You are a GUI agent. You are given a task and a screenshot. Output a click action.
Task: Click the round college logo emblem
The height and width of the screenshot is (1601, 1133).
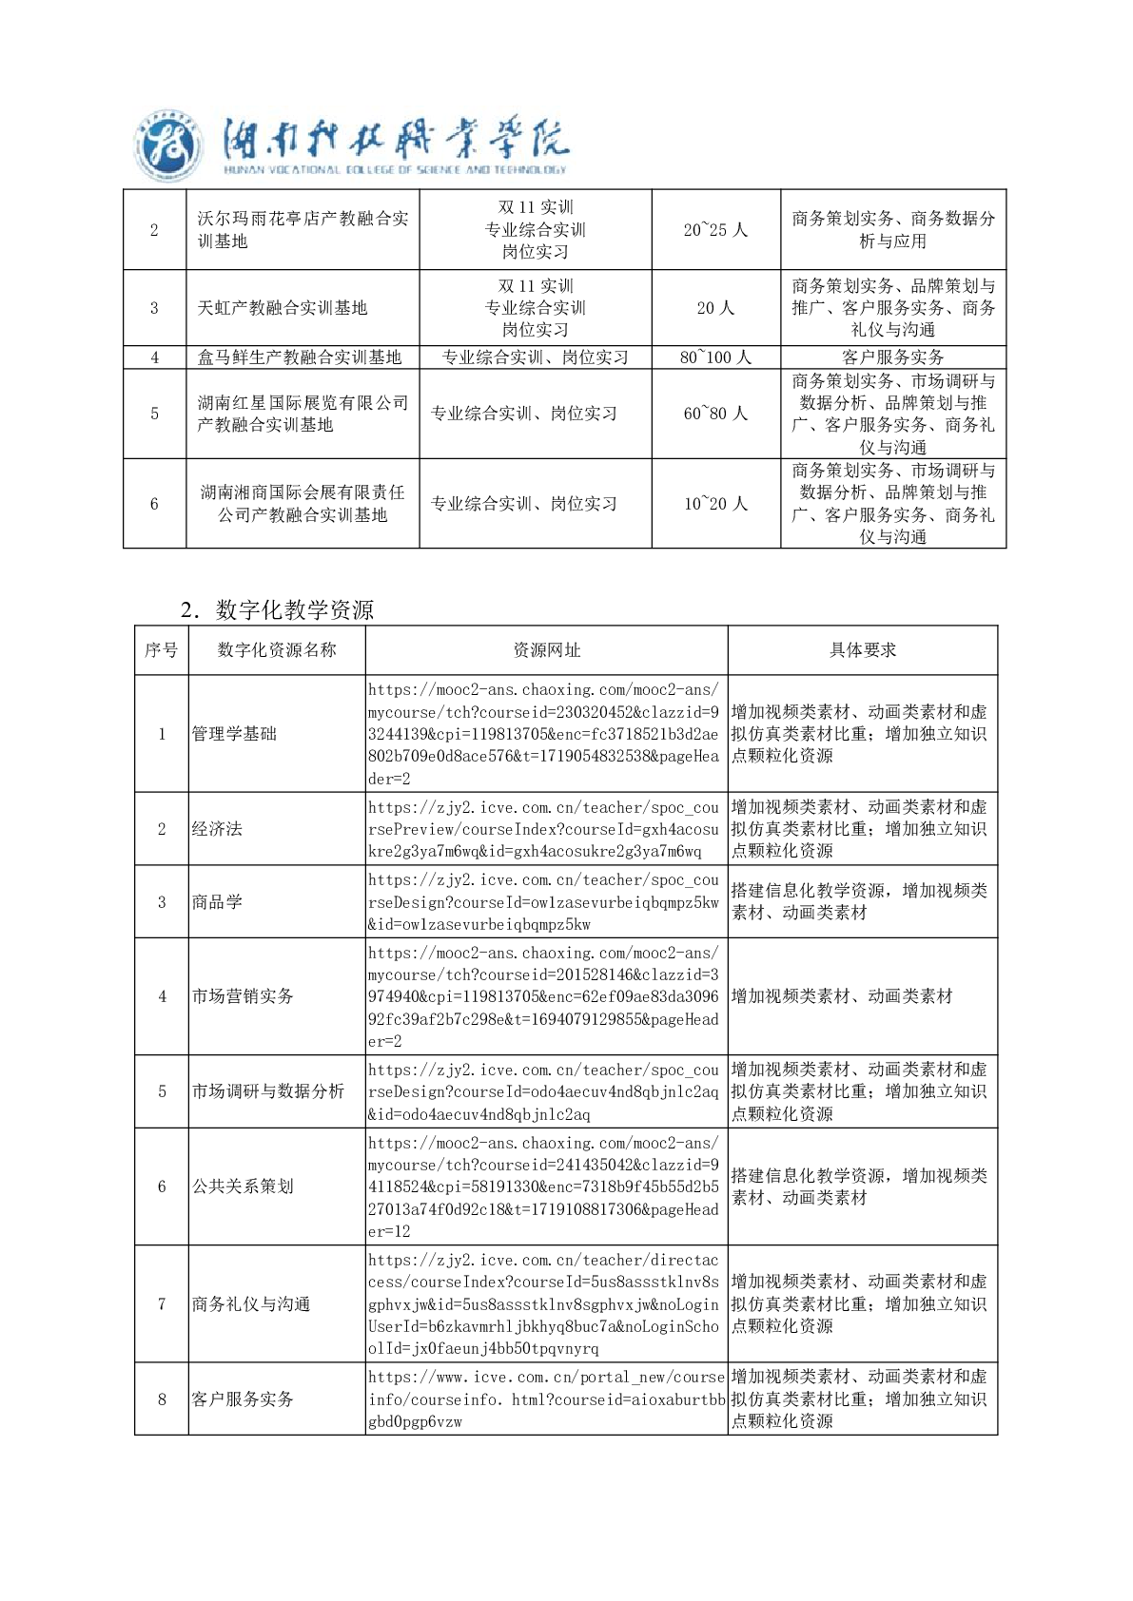(168, 147)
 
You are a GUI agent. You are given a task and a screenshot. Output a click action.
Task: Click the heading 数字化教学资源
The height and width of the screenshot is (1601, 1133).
(294, 609)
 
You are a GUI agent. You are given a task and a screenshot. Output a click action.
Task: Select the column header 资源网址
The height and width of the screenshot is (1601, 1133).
(546, 650)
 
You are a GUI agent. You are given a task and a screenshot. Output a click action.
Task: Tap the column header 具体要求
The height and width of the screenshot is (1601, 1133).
(863, 650)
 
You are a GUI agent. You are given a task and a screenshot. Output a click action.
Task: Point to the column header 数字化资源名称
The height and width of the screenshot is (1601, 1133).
(277, 650)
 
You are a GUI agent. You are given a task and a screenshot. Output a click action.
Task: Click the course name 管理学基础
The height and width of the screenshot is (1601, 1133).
(234, 734)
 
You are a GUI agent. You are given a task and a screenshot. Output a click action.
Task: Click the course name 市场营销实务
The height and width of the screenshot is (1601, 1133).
(243, 996)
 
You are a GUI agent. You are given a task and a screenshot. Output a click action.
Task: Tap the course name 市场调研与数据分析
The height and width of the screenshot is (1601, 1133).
(268, 1091)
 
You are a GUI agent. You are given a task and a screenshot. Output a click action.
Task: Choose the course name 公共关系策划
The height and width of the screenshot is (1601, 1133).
(243, 1186)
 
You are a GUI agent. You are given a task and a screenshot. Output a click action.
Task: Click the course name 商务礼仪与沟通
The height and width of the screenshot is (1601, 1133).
(251, 1304)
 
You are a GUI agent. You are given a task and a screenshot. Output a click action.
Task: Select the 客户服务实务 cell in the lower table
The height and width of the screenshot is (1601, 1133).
(243, 1399)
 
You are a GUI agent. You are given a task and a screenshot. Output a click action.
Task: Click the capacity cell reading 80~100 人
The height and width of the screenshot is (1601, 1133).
(715, 357)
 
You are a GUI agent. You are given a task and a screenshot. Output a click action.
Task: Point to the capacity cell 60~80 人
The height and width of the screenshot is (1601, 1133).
(715, 414)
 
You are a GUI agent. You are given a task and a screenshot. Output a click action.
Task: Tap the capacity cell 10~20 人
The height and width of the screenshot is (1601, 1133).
(715, 504)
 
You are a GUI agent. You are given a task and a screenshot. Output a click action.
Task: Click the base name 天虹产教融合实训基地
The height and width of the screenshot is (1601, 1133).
(282, 308)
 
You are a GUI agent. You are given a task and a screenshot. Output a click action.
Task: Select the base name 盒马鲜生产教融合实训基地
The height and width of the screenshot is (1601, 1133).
(299, 357)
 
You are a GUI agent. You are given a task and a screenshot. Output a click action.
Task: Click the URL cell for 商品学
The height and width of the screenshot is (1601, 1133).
(544, 902)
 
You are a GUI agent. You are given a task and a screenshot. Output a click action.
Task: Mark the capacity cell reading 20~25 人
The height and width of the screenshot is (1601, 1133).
(715, 230)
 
